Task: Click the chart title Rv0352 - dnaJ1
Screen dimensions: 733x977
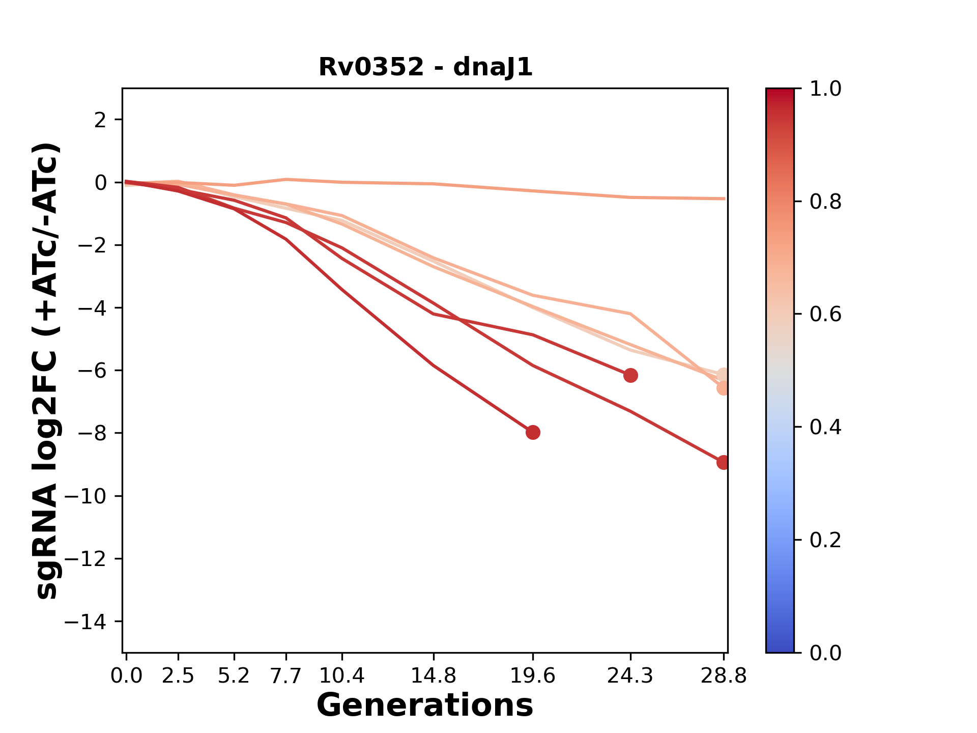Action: (x=425, y=67)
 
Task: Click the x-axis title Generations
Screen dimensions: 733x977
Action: (x=425, y=706)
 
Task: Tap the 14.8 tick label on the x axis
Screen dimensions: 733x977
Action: (x=434, y=675)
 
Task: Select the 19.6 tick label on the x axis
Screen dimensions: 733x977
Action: (x=533, y=675)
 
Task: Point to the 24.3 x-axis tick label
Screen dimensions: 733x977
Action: (x=630, y=675)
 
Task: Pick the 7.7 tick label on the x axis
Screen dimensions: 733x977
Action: (x=286, y=675)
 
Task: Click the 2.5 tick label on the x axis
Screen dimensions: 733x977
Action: (x=178, y=675)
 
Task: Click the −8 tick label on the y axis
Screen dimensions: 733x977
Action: (x=92, y=433)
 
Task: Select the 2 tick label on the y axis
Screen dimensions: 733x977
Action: (x=101, y=120)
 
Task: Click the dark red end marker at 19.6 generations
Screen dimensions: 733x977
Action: (x=533, y=433)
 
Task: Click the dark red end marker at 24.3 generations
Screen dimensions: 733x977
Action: (x=630, y=376)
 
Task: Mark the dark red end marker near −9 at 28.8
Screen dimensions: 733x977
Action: (x=723, y=462)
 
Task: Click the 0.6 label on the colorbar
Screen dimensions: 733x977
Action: (x=825, y=314)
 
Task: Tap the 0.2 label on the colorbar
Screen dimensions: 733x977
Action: (x=825, y=540)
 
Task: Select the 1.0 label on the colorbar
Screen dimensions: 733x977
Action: (x=825, y=89)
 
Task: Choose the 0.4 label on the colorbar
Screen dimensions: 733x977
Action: (x=825, y=427)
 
